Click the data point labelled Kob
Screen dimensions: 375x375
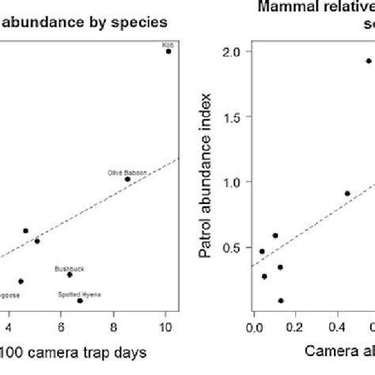pos(168,51)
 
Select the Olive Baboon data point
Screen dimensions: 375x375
pos(127,180)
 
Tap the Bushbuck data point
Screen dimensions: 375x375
pos(70,275)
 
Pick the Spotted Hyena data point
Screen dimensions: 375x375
pos(80,301)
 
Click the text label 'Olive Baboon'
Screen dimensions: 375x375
pos(123,172)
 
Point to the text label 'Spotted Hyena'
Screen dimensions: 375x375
pos(80,294)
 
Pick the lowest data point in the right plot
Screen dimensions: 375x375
pos(281,301)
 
